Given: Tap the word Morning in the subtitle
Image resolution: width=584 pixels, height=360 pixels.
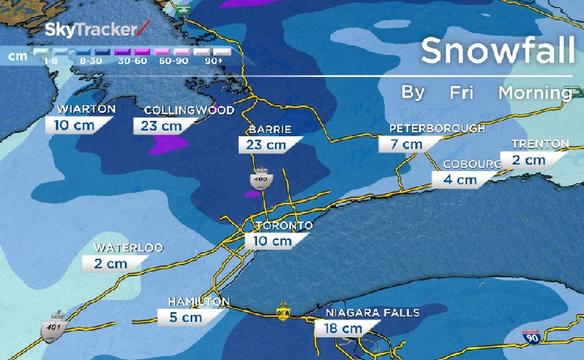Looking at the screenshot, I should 535,92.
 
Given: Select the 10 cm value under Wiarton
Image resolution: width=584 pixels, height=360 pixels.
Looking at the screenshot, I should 73,125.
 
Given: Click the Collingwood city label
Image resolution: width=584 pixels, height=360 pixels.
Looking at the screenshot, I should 189,110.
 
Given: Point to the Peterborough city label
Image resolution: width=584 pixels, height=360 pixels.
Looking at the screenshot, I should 436,128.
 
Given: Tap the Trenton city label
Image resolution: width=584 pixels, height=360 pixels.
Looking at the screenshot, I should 539,144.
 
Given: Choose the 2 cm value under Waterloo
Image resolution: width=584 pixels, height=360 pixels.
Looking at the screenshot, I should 111,264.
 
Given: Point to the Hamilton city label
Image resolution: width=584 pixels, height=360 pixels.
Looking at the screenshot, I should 199,302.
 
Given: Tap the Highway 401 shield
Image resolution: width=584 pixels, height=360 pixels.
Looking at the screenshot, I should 54,324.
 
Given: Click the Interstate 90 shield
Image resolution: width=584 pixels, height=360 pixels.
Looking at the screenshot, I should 531,336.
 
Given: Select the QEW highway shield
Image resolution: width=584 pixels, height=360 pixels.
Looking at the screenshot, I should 284,312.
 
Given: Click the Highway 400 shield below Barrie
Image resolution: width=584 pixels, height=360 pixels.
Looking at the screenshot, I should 261,180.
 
